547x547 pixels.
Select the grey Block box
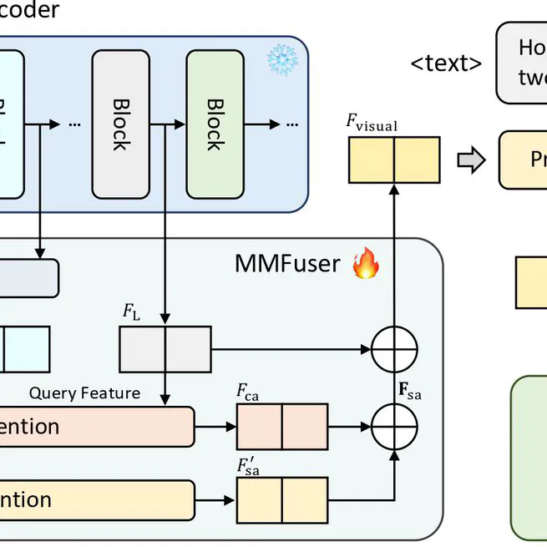click(x=120, y=124)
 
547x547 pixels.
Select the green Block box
click(x=214, y=124)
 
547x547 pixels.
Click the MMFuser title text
click(x=287, y=264)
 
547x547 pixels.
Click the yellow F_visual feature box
click(x=393, y=160)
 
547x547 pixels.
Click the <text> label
click(x=446, y=63)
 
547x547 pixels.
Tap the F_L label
click(x=132, y=312)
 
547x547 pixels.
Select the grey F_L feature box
click(x=165, y=348)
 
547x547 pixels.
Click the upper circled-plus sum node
click(x=393, y=348)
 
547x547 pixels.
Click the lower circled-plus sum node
click(x=393, y=426)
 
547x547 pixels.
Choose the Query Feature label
click(x=84, y=393)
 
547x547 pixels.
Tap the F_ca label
click(x=247, y=391)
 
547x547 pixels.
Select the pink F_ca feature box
click(x=282, y=426)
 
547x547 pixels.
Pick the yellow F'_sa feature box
click(x=282, y=500)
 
